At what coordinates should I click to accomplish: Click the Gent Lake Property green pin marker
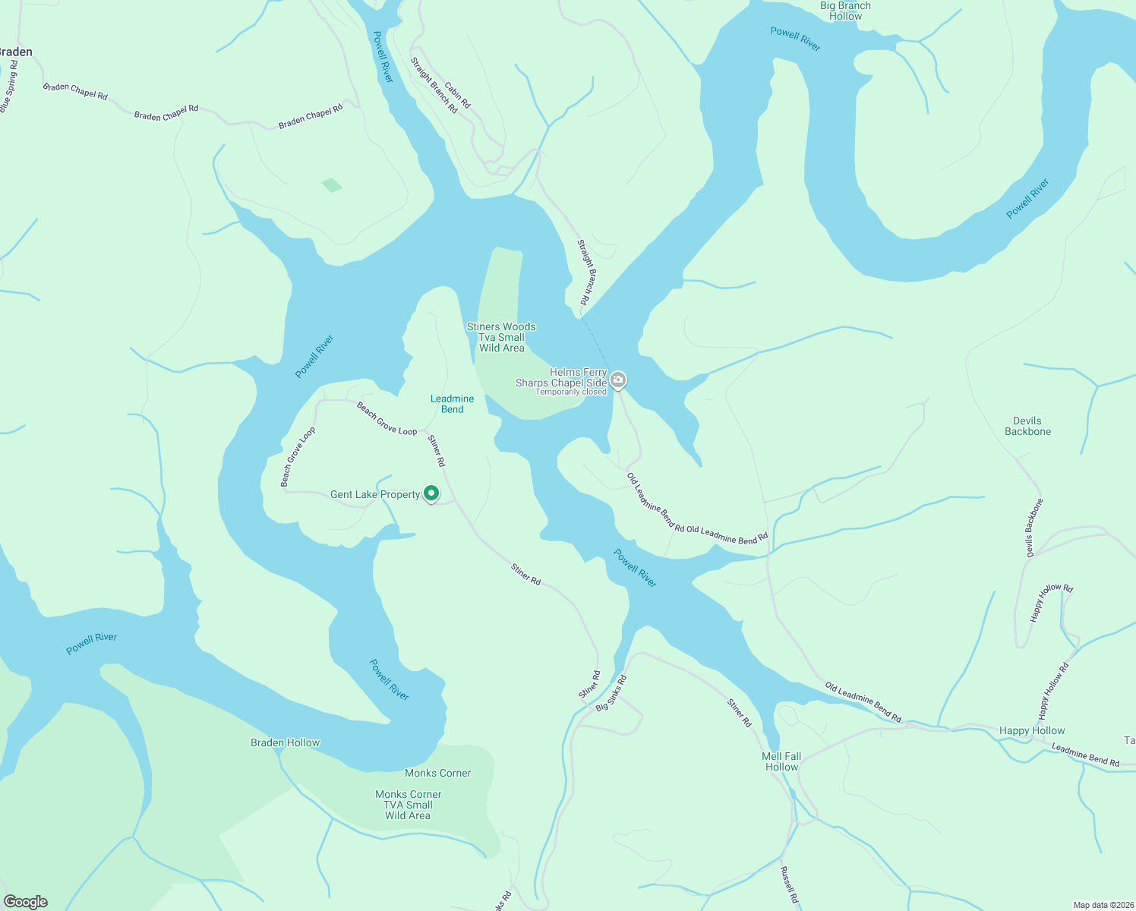431,493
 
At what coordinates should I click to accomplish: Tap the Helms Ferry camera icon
618,380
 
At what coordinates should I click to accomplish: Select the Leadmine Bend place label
452,404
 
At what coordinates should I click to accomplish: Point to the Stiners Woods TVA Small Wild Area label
501,337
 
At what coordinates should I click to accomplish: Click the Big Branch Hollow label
845,11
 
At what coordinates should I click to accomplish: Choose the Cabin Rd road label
457,96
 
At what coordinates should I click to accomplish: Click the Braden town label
15,52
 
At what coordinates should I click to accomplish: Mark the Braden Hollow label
286,742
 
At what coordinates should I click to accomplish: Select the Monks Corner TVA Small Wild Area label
408,805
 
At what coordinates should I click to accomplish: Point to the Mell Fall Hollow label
781,761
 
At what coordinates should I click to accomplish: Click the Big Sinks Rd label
611,692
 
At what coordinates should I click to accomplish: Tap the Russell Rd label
789,884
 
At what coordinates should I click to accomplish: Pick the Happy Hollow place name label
1032,730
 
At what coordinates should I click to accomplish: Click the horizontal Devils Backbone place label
1027,426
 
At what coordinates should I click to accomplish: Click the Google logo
25,902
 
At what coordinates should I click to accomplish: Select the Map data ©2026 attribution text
1102,905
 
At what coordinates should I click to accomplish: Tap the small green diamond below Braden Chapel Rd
332,184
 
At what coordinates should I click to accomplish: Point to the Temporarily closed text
571,392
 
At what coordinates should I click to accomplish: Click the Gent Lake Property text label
375,494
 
